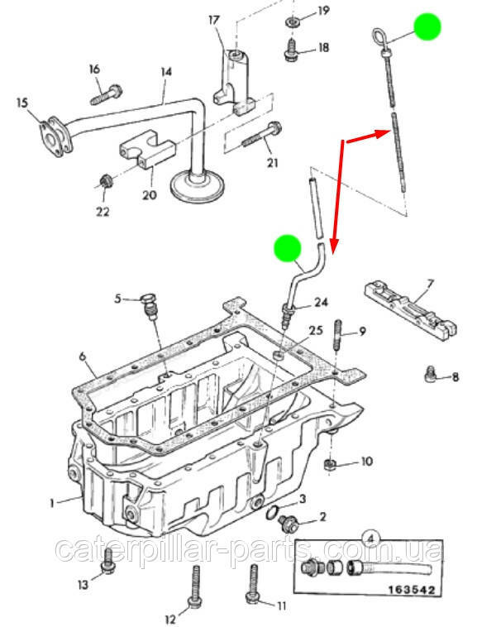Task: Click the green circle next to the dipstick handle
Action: tap(427, 26)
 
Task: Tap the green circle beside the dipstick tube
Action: tap(287, 248)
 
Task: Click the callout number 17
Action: tap(214, 20)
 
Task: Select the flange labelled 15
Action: tap(55, 136)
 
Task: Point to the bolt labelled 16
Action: tap(107, 95)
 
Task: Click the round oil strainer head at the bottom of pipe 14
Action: tap(198, 187)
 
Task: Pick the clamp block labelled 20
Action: tap(147, 149)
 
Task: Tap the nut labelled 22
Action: tap(106, 181)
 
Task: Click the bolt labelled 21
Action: tap(262, 136)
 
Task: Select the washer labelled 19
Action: tap(293, 22)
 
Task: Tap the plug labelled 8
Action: tap(429, 374)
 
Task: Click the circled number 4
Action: tap(370, 538)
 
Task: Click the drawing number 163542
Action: tap(411, 590)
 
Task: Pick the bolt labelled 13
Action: tap(107, 562)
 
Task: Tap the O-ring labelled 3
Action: tap(273, 512)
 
